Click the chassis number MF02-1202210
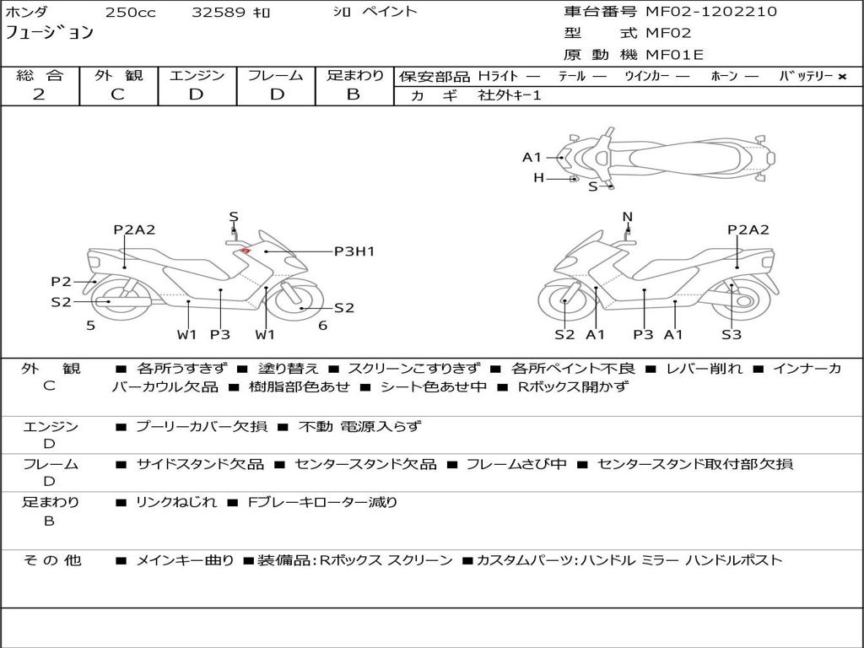pyautogui.click(x=711, y=12)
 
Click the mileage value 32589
pyautogui.click(x=220, y=13)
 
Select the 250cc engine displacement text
pyautogui.click(x=131, y=13)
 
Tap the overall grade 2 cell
pyautogui.click(x=40, y=94)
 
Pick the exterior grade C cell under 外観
pyautogui.click(x=118, y=94)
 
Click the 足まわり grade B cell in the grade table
pyautogui.click(x=354, y=94)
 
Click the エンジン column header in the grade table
pyautogui.click(x=197, y=75)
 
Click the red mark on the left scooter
pyautogui.click(x=245, y=250)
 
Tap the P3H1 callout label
pyautogui.click(x=354, y=251)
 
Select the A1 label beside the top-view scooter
pyautogui.click(x=532, y=157)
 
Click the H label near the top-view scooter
pyautogui.click(x=538, y=178)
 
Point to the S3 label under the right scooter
pyautogui.click(x=732, y=334)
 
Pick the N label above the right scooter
pyautogui.click(x=627, y=217)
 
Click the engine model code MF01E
pyautogui.click(x=675, y=55)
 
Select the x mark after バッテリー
pyautogui.click(x=842, y=76)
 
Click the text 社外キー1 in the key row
pyautogui.click(x=510, y=95)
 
